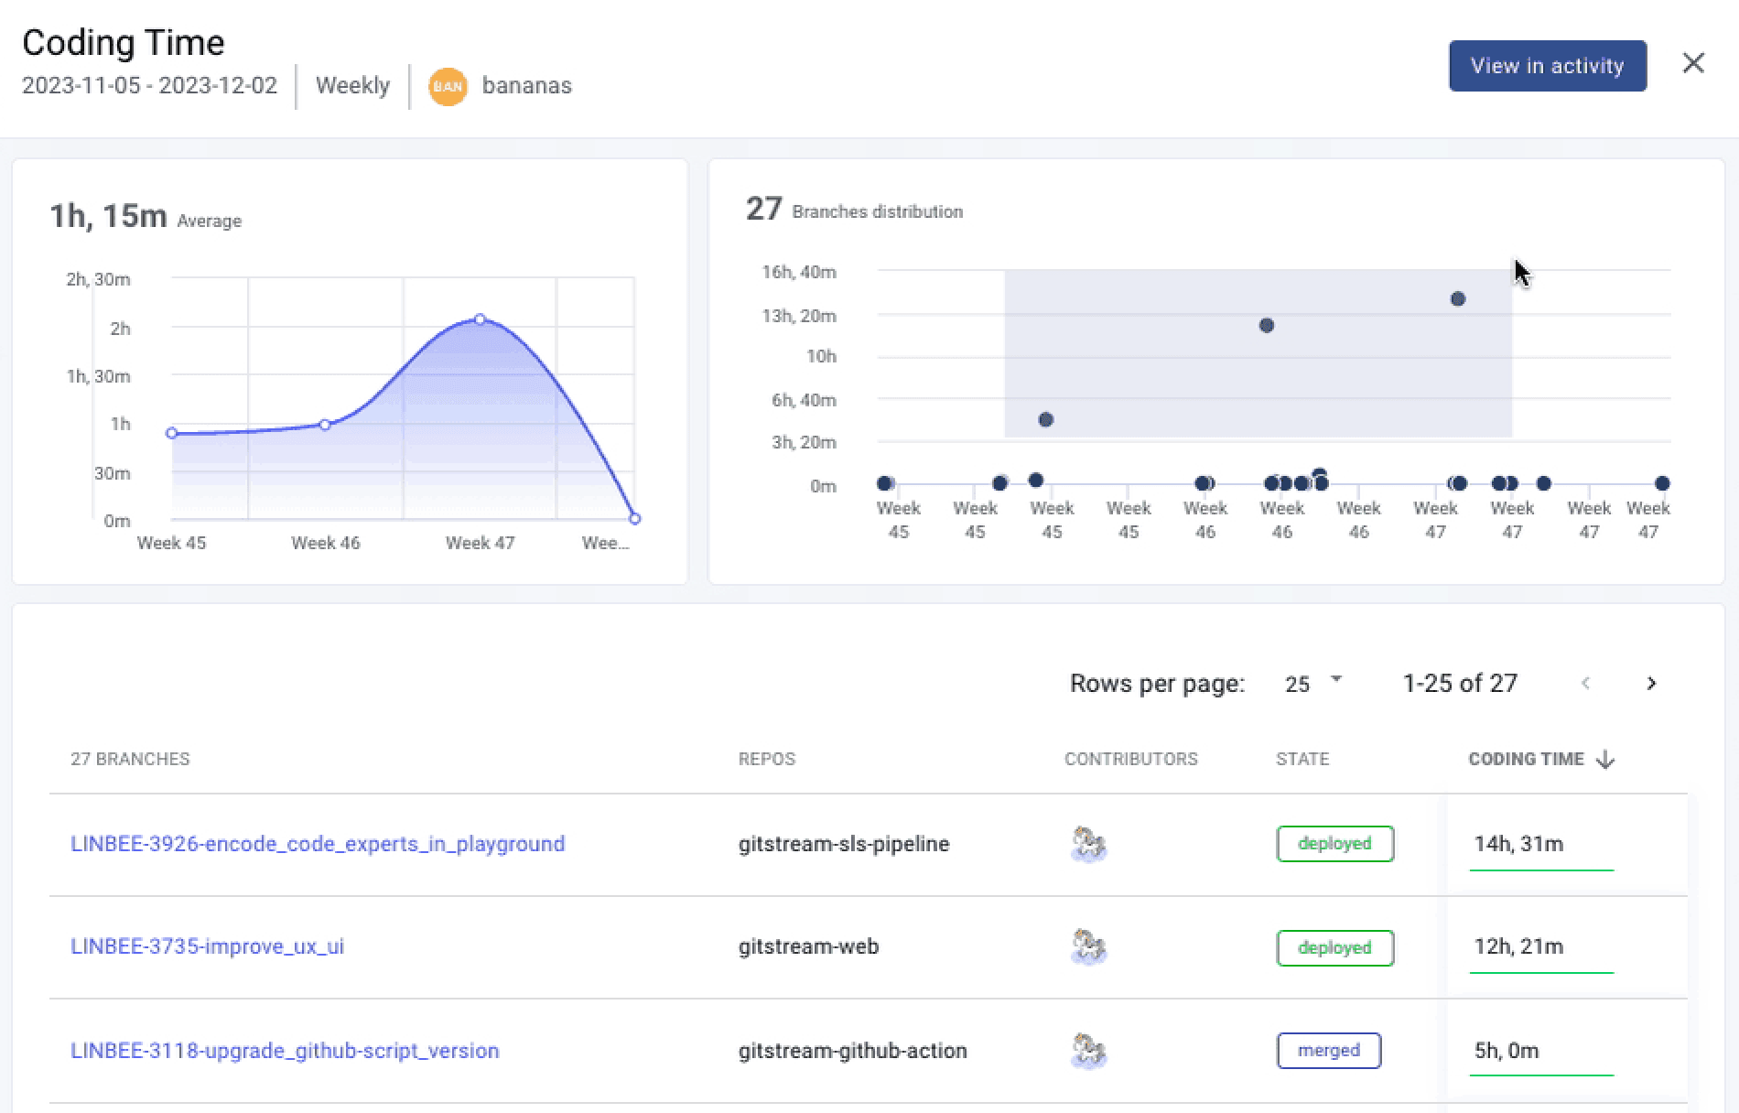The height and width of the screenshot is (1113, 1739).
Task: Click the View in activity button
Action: pos(1547,66)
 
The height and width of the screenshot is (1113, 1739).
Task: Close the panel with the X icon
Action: pos(1693,63)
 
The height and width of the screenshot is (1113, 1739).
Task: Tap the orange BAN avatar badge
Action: pos(448,86)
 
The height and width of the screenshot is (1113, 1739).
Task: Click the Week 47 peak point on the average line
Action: pos(480,319)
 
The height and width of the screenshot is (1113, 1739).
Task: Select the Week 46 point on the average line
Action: pos(325,425)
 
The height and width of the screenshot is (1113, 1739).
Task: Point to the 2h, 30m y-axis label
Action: pos(98,279)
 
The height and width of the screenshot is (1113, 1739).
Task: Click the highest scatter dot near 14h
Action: pos(1458,299)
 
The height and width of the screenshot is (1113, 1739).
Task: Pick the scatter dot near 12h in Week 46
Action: pos(1267,326)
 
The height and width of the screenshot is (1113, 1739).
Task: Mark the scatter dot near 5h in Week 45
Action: pos(1046,420)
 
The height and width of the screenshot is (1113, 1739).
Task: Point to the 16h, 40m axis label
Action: pos(799,272)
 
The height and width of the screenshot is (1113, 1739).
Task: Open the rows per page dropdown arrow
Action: pos(1336,680)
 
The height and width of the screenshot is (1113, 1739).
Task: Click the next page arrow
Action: pos(1651,684)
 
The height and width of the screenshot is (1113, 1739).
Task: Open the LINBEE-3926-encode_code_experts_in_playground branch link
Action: pos(318,844)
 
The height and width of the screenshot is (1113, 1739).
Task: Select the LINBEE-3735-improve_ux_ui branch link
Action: pos(208,946)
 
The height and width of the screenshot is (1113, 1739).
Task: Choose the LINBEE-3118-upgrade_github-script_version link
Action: pos(285,1051)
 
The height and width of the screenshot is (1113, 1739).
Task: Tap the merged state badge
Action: pos(1328,1051)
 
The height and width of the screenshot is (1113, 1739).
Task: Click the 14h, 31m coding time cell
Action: pos(1518,844)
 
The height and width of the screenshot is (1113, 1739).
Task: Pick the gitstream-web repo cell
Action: pos(808,946)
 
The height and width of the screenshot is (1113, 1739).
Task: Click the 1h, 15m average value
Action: pos(108,217)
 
